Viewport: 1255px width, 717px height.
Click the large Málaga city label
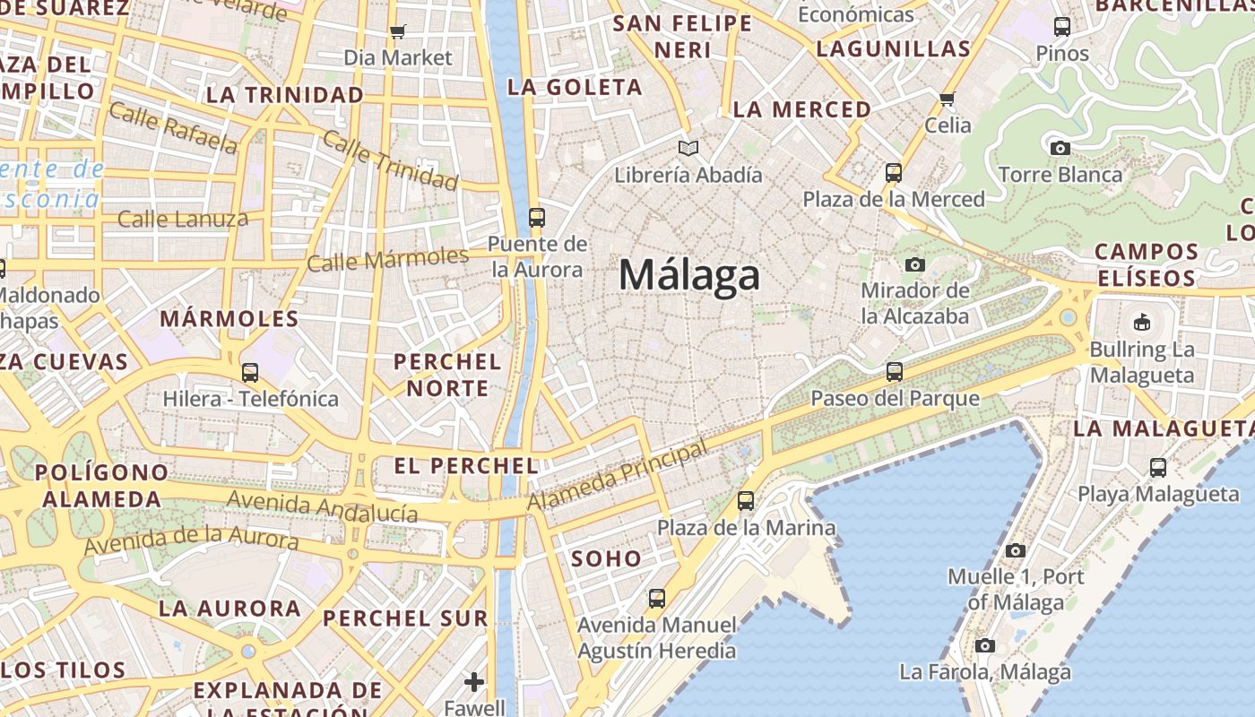(689, 275)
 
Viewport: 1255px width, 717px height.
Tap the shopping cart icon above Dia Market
(398, 32)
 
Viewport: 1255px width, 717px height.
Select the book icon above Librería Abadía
(688, 148)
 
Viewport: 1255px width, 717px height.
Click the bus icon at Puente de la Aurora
(537, 217)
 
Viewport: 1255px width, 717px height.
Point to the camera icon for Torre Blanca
(1060, 148)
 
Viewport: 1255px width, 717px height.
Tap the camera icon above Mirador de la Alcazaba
(914, 264)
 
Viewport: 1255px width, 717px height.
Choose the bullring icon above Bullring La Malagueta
(1141, 322)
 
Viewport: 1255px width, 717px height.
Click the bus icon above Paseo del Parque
(894, 371)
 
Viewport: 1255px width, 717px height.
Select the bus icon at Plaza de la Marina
(746, 501)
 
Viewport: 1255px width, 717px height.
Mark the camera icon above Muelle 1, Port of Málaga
(1015, 550)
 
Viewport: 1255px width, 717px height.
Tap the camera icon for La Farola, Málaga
(984, 645)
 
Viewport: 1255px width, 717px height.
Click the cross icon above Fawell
(474, 682)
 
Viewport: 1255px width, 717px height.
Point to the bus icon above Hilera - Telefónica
(250, 372)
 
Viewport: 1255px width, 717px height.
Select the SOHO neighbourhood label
(607, 559)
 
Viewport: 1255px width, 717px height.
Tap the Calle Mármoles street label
(387, 260)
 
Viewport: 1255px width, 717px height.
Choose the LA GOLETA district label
(575, 87)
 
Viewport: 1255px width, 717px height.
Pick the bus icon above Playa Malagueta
(1158, 467)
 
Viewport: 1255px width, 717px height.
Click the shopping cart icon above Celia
(948, 99)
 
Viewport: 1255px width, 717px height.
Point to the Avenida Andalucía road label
(323, 506)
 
